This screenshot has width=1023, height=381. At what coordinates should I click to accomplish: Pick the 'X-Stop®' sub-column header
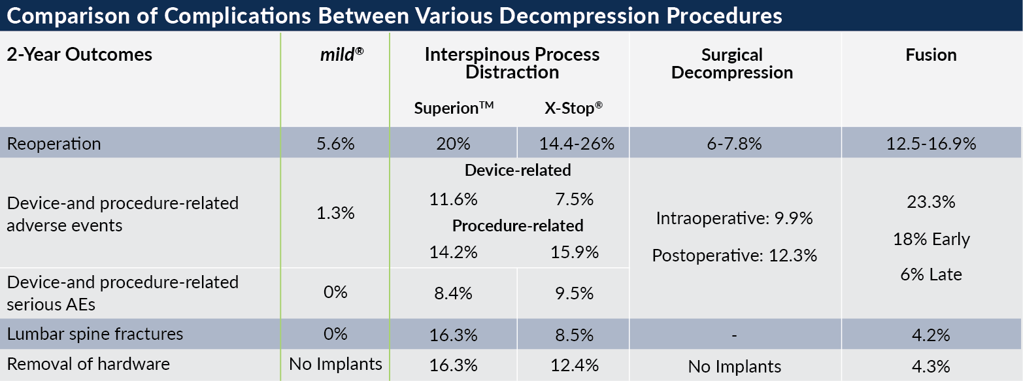tap(573, 108)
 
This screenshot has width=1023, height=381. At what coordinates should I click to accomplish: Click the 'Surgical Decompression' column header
tap(731, 63)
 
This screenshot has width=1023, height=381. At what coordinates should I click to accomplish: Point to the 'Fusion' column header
tap(931, 55)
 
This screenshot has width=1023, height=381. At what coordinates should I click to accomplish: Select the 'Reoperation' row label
tap(54, 144)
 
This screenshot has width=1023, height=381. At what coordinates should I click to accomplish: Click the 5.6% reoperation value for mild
tap(335, 144)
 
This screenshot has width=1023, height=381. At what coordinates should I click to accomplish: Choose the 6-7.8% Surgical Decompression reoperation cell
tap(734, 144)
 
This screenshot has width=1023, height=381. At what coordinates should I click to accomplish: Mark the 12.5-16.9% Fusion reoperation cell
tap(931, 144)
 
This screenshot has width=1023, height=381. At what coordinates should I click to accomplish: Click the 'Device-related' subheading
tap(518, 171)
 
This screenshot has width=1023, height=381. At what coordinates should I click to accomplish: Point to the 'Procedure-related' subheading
tap(518, 226)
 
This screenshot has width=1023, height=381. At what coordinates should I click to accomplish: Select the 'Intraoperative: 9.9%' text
tap(734, 219)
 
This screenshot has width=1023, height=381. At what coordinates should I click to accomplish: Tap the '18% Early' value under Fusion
tap(931, 240)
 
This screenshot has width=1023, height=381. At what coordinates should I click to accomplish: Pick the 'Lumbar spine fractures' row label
tap(95, 335)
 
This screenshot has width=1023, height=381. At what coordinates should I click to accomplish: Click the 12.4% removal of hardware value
tap(573, 365)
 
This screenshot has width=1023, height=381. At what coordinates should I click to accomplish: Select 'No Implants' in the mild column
tap(335, 365)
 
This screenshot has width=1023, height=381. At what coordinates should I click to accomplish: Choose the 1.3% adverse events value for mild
tap(335, 213)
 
